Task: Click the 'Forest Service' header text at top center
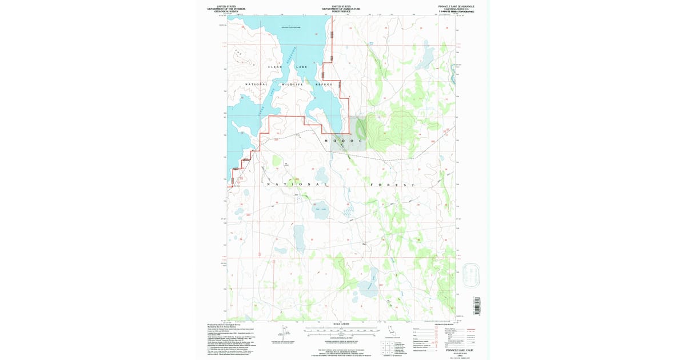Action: [341, 11]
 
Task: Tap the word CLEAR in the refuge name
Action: [276, 67]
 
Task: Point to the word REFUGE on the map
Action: [324, 85]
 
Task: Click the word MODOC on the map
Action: [343, 141]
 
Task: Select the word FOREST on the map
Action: [392, 186]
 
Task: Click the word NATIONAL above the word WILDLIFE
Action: [257, 85]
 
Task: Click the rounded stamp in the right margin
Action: [472, 275]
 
